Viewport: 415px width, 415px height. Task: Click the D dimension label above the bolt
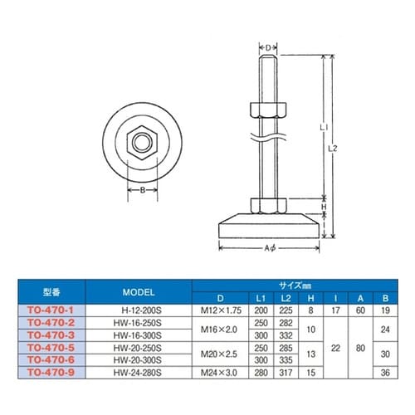click(x=268, y=48)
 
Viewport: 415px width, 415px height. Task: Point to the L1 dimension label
click(x=324, y=128)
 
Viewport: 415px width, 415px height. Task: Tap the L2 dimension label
click(x=333, y=149)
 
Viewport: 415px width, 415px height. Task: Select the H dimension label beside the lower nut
click(x=324, y=207)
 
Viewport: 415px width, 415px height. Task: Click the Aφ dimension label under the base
click(x=270, y=248)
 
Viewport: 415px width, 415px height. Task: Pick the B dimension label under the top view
click(x=143, y=190)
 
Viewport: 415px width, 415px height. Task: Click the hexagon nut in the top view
click(x=142, y=143)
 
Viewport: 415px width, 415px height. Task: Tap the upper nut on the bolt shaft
click(x=268, y=110)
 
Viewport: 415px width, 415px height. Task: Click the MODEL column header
click(x=139, y=292)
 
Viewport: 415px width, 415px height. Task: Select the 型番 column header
click(x=51, y=292)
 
